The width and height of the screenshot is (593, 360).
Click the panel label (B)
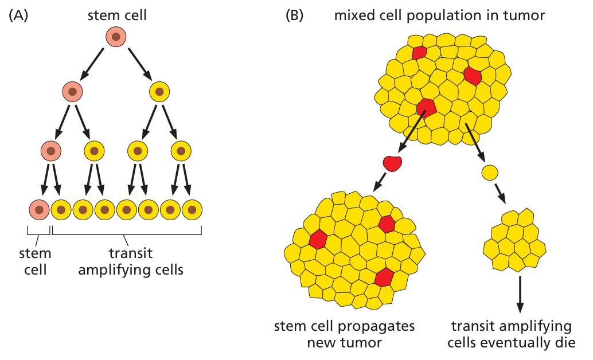point(294,15)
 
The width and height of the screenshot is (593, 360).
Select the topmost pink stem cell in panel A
point(116,37)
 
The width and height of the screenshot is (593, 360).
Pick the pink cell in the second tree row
point(73,91)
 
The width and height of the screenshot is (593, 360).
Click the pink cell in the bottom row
point(39,210)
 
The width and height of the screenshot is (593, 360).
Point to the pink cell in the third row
point(52,151)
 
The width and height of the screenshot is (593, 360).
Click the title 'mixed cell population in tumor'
point(439,15)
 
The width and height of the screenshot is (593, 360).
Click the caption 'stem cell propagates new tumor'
point(345,334)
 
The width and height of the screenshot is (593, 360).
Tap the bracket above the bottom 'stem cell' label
point(39,232)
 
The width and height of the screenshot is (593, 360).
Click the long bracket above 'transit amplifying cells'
point(127,232)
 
